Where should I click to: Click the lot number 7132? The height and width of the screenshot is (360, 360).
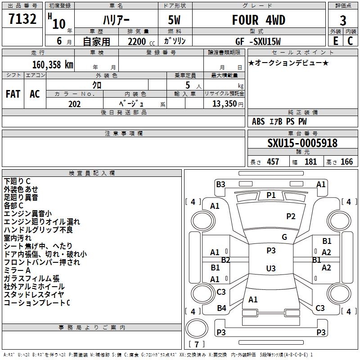point(22,19)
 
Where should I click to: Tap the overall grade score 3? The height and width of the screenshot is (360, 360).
point(343,21)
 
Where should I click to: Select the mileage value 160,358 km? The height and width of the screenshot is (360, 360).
point(53,64)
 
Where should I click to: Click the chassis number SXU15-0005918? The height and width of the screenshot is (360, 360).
point(302,143)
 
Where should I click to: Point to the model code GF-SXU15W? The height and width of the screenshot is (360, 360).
point(258,41)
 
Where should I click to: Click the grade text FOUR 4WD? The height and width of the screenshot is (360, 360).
point(258,20)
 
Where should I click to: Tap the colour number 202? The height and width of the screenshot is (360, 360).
point(74,104)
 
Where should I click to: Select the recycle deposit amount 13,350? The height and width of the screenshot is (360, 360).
point(228,104)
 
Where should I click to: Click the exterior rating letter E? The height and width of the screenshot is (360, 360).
point(336,41)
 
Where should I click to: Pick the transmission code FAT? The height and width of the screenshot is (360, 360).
point(13,94)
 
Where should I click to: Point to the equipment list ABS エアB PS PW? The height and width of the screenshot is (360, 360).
point(279,121)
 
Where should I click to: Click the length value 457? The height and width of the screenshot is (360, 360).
point(273,162)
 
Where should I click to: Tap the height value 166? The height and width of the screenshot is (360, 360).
point(346,162)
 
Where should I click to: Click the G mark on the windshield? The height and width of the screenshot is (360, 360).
point(284,237)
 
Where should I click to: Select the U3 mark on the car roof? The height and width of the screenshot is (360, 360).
point(271,268)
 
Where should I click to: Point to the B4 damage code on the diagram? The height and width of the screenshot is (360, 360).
point(221,308)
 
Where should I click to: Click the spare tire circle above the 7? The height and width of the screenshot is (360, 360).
point(197,328)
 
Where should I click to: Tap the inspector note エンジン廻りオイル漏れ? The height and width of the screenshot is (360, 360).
point(42,221)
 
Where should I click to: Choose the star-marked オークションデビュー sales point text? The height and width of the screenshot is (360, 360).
point(288,63)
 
